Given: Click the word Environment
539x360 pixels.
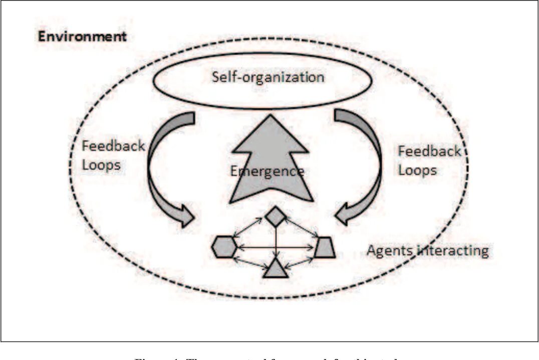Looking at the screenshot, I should click(82, 37).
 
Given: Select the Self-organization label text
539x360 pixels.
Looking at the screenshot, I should click(268, 78).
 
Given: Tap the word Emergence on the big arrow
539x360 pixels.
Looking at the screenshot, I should click(267, 171).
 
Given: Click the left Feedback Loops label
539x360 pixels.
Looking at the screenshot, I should click(113, 155).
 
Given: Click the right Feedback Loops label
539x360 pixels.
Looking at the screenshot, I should click(429, 160).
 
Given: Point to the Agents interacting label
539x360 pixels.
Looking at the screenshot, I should click(427, 250).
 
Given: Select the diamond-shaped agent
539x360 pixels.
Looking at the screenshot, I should click(275, 217).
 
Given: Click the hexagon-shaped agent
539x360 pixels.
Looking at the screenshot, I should click(224, 247).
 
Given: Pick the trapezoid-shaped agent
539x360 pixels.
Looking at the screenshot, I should click(326, 247).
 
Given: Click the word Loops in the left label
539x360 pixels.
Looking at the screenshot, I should click(101, 165).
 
